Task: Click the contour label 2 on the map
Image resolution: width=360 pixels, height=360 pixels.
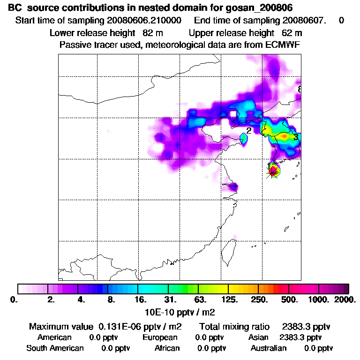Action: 249,131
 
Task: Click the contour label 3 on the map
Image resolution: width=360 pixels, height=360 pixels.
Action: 295,137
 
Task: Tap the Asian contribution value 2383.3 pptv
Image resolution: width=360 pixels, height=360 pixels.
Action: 300,337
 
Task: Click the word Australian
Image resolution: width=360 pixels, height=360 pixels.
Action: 269,348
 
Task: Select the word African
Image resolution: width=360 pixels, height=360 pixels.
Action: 167,348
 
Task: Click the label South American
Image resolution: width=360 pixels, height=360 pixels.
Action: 55,348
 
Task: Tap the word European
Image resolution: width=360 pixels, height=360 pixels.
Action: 160,337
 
